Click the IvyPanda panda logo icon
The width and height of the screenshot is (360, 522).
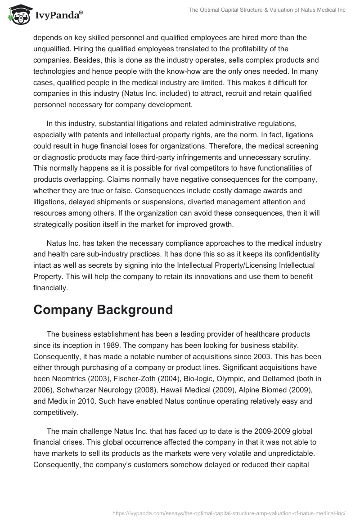pyautogui.click(x=17, y=14)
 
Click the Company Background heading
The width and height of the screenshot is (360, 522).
pyautogui.click(x=103, y=310)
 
